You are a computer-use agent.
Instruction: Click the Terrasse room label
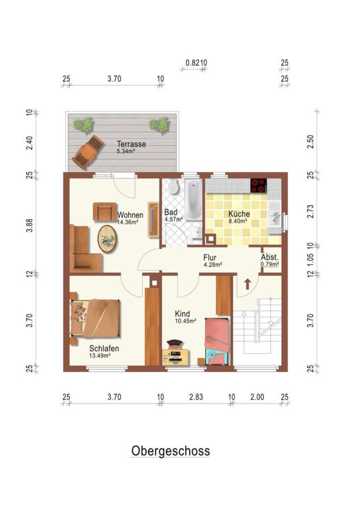(x=131, y=144)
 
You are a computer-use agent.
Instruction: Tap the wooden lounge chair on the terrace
(x=88, y=152)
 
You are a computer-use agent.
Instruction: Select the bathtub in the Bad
(x=193, y=200)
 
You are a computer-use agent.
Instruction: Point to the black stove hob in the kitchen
(x=258, y=186)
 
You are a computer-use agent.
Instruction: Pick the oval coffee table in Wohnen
(x=108, y=238)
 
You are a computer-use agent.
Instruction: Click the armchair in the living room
(x=104, y=212)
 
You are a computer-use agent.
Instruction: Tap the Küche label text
(x=239, y=214)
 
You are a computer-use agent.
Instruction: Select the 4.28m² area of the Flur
(x=213, y=265)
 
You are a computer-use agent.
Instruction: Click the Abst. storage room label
(x=269, y=257)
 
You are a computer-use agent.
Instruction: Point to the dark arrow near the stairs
(x=247, y=284)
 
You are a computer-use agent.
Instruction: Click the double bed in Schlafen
(x=95, y=319)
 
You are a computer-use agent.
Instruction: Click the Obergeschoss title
(x=170, y=451)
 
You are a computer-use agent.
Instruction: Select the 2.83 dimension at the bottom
(x=196, y=397)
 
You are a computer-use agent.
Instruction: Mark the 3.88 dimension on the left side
(x=30, y=225)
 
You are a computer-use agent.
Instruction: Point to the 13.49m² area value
(x=99, y=355)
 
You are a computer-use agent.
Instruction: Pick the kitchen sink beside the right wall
(x=274, y=213)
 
